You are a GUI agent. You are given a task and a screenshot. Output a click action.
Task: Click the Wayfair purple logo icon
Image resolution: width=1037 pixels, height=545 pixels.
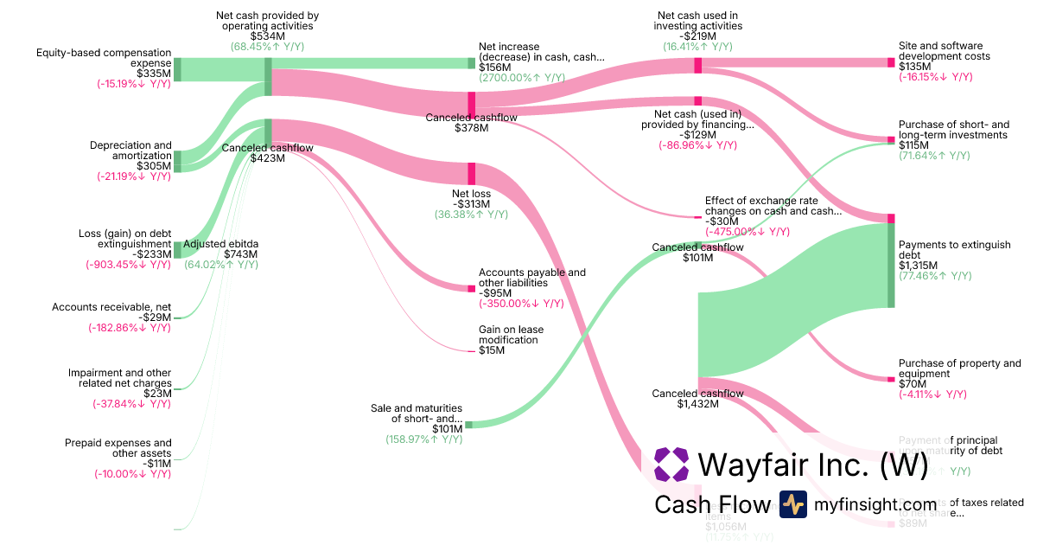(671, 465)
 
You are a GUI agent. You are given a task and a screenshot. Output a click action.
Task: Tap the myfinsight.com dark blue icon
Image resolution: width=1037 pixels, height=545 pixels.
(792, 504)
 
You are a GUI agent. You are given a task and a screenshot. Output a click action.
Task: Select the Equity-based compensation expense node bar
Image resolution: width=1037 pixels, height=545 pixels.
(177, 69)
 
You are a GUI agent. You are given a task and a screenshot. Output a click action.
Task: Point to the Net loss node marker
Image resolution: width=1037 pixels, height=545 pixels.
(472, 173)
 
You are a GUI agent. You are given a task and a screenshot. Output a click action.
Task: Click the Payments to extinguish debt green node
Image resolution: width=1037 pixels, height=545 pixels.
(891, 265)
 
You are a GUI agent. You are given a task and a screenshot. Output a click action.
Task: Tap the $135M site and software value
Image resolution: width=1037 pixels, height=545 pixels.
(915, 67)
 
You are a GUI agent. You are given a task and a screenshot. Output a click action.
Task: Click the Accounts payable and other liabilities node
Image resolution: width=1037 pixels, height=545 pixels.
(472, 288)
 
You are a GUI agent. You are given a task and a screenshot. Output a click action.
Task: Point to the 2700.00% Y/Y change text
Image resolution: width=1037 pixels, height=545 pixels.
(522, 78)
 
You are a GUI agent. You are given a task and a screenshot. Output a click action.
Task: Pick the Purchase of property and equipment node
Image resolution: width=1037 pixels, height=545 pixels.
(891, 379)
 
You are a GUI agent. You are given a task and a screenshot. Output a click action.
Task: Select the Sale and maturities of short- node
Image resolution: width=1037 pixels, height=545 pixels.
(469, 425)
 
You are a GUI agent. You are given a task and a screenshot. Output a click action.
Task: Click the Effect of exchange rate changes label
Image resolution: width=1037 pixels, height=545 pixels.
(773, 206)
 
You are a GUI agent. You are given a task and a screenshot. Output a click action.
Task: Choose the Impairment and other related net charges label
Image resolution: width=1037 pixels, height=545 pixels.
(120, 378)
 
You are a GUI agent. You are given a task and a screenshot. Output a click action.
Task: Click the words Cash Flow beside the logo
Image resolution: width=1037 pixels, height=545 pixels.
(712, 505)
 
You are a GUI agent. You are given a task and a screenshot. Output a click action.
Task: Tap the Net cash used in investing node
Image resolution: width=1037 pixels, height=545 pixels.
(698, 65)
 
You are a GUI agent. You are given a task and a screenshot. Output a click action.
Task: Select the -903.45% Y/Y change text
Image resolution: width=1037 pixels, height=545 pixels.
(128, 265)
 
